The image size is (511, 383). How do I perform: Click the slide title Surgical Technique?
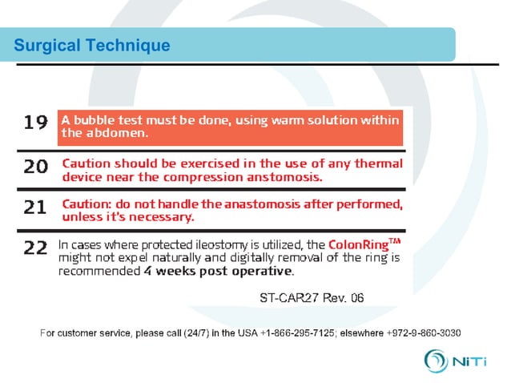[x=92, y=46]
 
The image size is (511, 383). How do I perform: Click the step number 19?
[x=34, y=122]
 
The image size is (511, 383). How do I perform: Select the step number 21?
[x=34, y=207]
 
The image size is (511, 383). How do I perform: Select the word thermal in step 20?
[x=377, y=163]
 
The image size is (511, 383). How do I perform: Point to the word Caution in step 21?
[x=86, y=204]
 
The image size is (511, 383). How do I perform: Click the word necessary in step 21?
[x=168, y=217]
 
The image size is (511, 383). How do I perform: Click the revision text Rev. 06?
[x=343, y=298]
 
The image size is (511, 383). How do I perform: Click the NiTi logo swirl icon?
[x=438, y=359]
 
